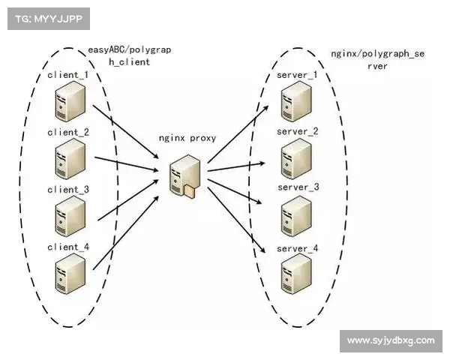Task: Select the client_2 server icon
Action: pyautogui.click(x=68, y=160)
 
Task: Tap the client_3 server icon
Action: pyautogui.click(x=68, y=216)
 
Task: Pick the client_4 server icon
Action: pyautogui.click(x=68, y=274)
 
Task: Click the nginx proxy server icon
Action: pyautogui.click(x=183, y=176)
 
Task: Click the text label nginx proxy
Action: pyautogui.click(x=187, y=139)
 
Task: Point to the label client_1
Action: pyautogui.click(x=67, y=76)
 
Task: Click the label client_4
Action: pyautogui.click(x=67, y=247)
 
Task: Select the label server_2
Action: pyautogui.click(x=298, y=131)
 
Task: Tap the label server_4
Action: pyautogui.click(x=298, y=248)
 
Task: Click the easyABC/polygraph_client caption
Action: pyautogui.click(x=129, y=55)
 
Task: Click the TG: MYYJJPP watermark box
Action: pyautogui.click(x=48, y=18)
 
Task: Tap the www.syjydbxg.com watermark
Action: pyautogui.click(x=390, y=341)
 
